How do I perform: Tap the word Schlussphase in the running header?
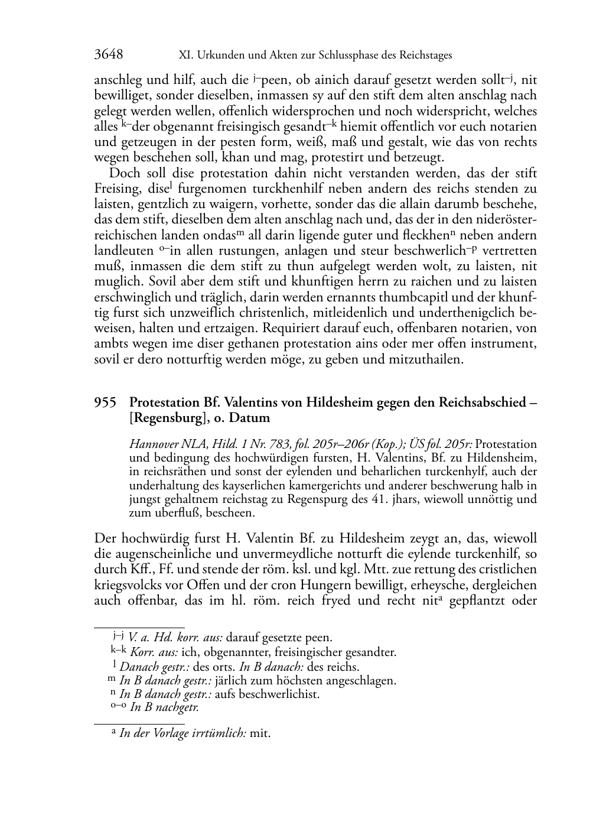tap(351, 56)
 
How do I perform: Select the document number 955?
tap(105, 402)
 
